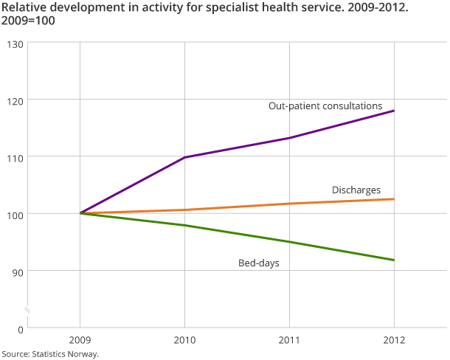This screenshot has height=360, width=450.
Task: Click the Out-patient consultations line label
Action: click(x=325, y=106)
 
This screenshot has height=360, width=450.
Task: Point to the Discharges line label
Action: click(x=356, y=190)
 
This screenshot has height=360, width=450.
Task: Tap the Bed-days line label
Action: click(x=258, y=263)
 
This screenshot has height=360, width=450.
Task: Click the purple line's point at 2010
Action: click(x=184, y=157)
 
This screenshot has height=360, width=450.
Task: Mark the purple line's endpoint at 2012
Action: click(x=394, y=111)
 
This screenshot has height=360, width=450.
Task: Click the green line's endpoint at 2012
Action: click(x=394, y=260)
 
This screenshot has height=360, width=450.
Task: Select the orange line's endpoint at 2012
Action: click(x=394, y=199)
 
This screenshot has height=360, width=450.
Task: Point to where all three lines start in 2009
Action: click(x=80, y=213)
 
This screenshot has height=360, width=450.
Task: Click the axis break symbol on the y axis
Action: click(x=27, y=308)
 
